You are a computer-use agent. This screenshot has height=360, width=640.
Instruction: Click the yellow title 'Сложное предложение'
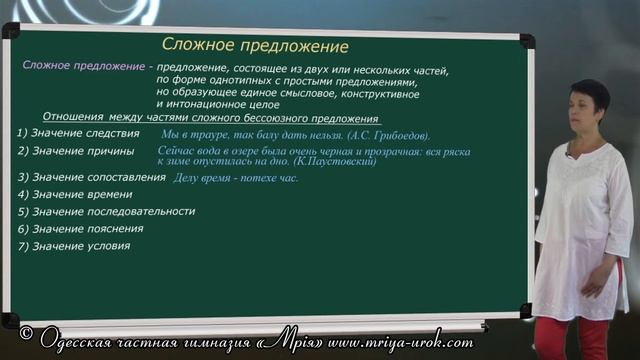(x=255, y=46)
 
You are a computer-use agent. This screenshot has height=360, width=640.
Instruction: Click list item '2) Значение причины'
(x=76, y=151)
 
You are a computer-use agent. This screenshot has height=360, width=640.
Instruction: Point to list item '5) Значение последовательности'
(x=106, y=211)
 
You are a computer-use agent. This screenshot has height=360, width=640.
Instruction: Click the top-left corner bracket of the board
(x=9, y=32)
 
